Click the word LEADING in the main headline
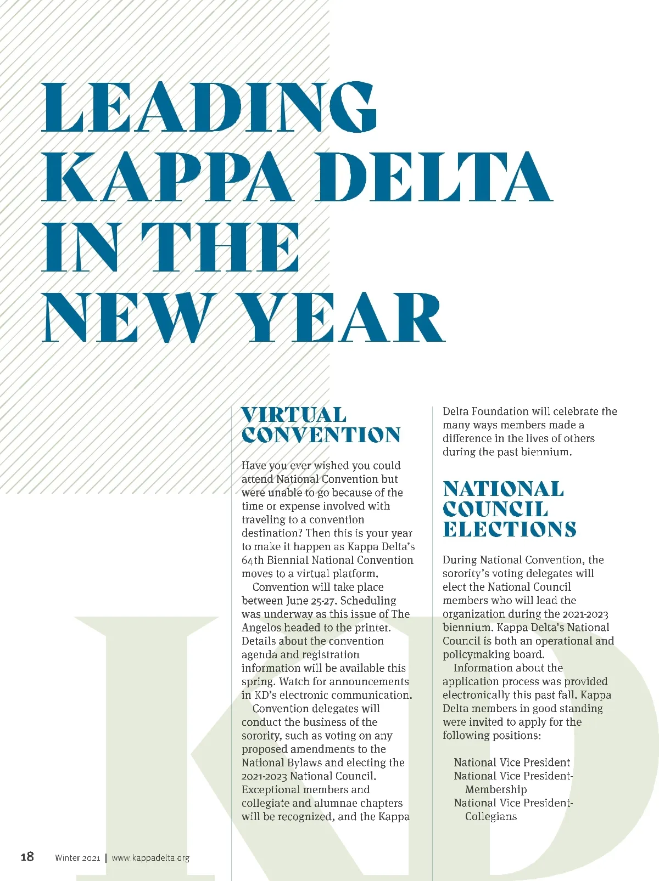209,108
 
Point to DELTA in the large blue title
437,177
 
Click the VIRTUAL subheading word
294,415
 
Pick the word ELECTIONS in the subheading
509,529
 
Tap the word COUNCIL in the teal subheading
495,509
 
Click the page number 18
27,857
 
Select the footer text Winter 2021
77,858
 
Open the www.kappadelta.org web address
150,858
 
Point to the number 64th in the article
253,560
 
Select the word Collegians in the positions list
491,816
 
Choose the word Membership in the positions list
496,789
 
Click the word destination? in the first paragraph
272,533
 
